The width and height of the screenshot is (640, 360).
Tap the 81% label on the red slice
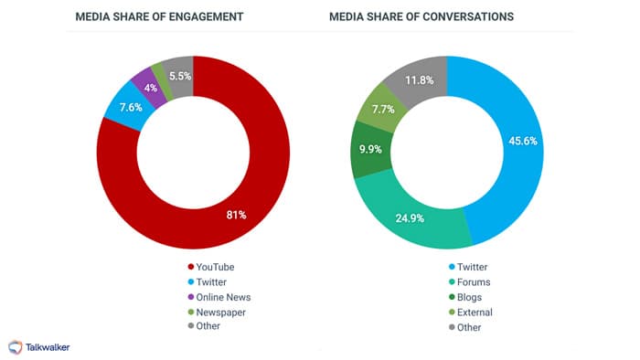(x=236, y=215)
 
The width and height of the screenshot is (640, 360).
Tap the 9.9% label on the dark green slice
(x=371, y=149)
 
